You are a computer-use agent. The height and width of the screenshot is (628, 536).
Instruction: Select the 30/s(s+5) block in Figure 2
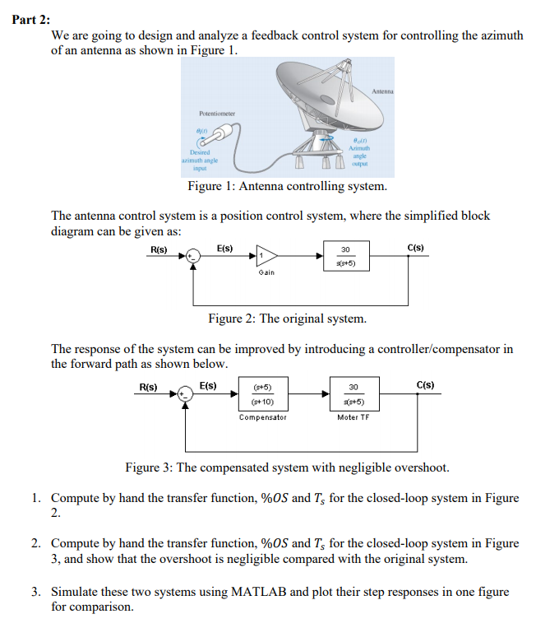(345, 256)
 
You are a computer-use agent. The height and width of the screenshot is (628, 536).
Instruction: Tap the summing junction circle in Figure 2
(192, 256)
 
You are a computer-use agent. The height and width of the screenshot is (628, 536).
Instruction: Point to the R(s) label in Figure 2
(159, 247)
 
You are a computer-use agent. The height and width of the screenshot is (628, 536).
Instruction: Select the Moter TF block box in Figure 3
(353, 394)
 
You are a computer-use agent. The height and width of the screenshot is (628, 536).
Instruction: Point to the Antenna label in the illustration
(382, 90)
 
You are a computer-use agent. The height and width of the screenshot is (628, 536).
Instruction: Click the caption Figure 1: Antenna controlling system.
(287, 186)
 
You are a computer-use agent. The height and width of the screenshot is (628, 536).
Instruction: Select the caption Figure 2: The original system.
(287, 319)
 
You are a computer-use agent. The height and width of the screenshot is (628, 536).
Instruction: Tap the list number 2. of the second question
(37, 543)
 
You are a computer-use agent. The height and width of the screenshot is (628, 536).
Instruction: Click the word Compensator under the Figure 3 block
(262, 417)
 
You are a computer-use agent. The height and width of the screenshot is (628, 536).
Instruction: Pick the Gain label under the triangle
(266, 272)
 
